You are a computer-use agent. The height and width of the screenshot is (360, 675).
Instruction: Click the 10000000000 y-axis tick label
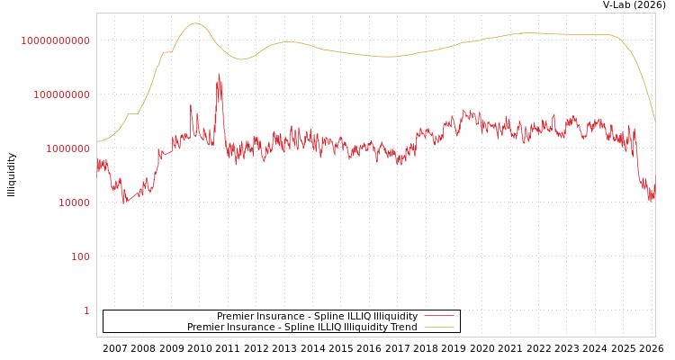coord(55,40)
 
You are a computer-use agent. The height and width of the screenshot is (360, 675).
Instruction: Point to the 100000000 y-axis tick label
coord(61,94)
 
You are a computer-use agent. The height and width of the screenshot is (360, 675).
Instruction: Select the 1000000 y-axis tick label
coord(67,148)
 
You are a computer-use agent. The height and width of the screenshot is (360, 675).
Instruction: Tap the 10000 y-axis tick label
coord(73,202)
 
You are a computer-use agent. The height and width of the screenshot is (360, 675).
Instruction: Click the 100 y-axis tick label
coord(80,256)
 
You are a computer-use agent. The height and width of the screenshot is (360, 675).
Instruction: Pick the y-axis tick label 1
coord(86,310)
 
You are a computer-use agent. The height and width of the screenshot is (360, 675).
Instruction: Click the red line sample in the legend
coord(439,317)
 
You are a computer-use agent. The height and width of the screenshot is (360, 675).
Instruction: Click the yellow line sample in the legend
coord(439,328)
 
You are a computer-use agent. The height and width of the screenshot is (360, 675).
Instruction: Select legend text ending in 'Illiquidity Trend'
coord(302,328)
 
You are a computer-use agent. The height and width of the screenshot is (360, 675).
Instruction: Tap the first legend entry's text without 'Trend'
coord(317,317)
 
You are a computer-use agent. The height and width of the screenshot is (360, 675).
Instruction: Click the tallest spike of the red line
coord(219,76)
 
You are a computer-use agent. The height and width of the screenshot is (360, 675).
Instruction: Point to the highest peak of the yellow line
coord(196,23)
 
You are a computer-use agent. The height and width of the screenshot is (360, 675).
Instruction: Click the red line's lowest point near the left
coord(125,202)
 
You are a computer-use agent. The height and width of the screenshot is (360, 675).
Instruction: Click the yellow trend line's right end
coord(654,119)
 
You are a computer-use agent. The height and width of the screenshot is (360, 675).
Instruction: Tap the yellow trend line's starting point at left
coord(97,141)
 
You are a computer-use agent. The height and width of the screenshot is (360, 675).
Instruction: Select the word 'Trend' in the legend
coord(402,328)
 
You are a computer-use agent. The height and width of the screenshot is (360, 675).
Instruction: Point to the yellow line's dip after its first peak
coord(240,59)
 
